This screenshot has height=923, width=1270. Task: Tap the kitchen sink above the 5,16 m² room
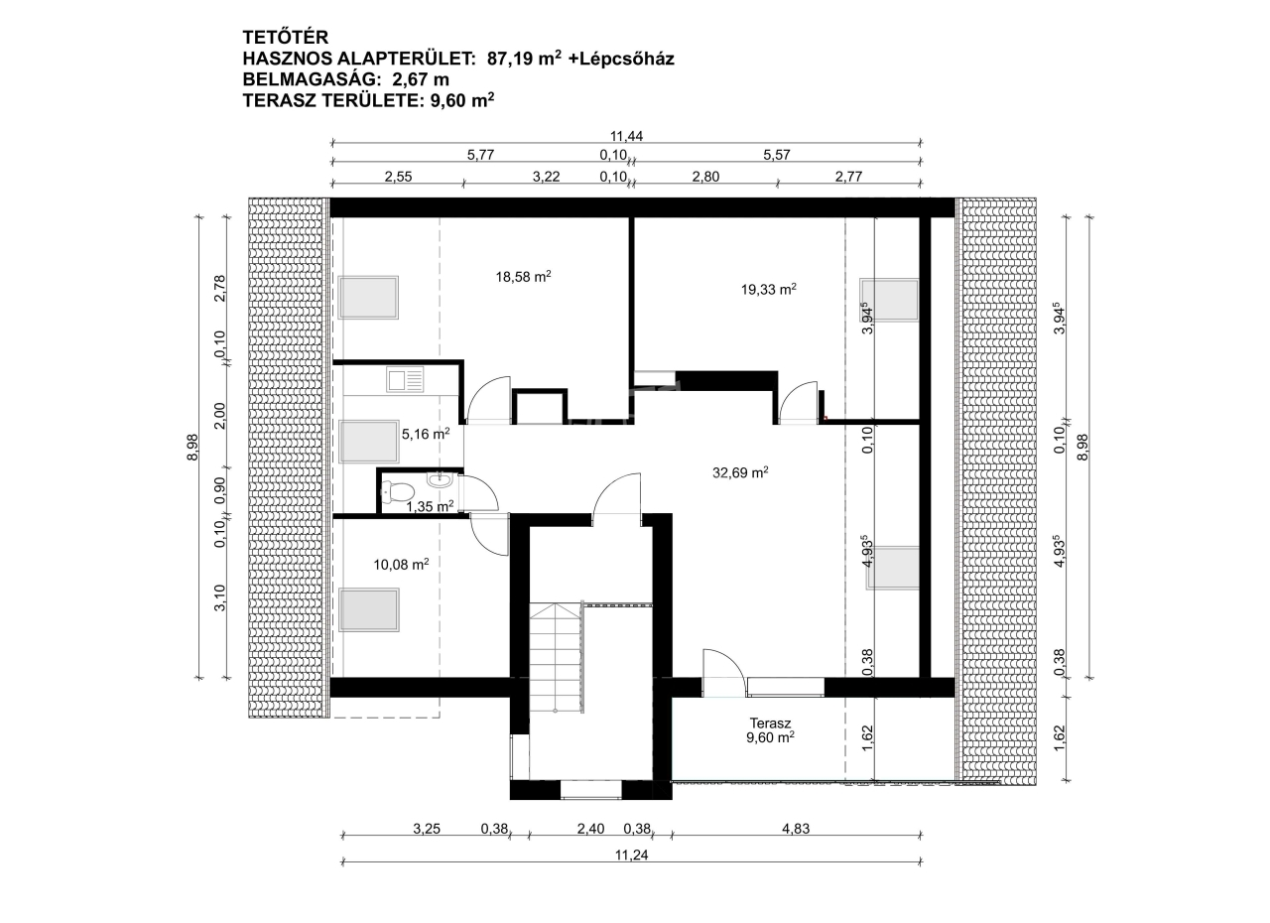click(x=405, y=379)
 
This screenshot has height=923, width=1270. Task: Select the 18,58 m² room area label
click(x=523, y=277)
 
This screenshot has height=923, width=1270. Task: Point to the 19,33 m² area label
click(x=768, y=289)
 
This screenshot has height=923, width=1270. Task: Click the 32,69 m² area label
click(x=740, y=472)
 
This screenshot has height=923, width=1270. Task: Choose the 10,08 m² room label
click(x=401, y=564)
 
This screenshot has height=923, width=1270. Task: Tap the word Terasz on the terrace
click(x=770, y=723)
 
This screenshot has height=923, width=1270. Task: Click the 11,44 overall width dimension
click(x=626, y=136)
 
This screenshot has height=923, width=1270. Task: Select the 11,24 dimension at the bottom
click(x=631, y=855)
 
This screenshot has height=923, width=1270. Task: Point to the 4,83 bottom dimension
click(x=796, y=829)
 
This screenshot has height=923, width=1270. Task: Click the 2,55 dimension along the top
click(x=398, y=177)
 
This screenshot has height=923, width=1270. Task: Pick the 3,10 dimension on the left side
click(x=219, y=598)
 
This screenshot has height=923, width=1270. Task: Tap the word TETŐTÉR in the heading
click(x=285, y=38)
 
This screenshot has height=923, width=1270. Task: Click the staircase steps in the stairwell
click(x=556, y=658)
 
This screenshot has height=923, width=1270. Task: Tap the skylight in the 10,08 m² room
click(x=368, y=609)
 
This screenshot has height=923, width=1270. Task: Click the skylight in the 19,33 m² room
click(x=888, y=300)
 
